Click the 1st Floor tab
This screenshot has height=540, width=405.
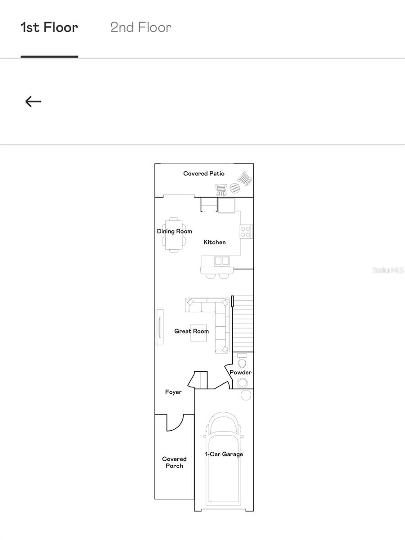(x=49, y=27)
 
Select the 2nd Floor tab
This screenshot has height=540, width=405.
(x=141, y=27)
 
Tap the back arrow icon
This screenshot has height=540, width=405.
(x=33, y=102)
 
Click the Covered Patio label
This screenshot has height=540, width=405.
(x=204, y=174)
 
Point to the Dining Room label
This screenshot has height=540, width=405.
(x=174, y=231)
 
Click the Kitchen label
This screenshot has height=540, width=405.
(x=215, y=243)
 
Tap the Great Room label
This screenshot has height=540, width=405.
(x=192, y=331)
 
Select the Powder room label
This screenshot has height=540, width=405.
(x=240, y=373)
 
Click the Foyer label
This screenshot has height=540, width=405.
(x=173, y=392)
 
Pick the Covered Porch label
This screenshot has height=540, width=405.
(x=174, y=463)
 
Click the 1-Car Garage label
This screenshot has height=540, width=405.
(x=224, y=454)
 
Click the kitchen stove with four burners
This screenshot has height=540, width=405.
(x=246, y=231)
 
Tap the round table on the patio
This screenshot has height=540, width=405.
(x=234, y=188)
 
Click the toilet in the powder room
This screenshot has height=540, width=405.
(x=242, y=361)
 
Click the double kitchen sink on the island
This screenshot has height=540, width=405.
(x=221, y=261)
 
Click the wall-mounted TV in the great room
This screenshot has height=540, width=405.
(x=160, y=327)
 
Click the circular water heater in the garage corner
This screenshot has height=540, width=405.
(x=246, y=395)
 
